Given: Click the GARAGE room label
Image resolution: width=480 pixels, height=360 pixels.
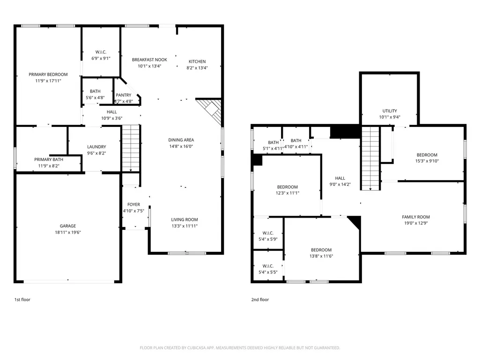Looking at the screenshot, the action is [x=67, y=226].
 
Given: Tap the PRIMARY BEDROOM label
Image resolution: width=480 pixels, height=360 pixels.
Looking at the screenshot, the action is [x=48, y=74].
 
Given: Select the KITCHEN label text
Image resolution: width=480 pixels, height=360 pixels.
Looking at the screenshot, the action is [x=197, y=61].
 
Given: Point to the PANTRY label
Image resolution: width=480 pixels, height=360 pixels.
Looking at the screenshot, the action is [x=123, y=95].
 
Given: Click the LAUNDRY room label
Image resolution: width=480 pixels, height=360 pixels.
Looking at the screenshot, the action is [x=96, y=147].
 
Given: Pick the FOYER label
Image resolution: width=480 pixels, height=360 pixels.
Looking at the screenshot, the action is [x=133, y=205].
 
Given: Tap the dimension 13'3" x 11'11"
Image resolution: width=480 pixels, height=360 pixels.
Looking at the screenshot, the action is [x=185, y=226].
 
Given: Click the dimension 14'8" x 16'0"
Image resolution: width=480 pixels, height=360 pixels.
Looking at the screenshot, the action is [x=181, y=147].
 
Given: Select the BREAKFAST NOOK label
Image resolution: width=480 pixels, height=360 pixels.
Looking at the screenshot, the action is [x=149, y=60].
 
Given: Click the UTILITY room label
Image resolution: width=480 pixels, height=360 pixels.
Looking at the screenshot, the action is [x=390, y=111].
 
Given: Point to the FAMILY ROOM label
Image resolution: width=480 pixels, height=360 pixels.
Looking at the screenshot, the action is [x=416, y=217].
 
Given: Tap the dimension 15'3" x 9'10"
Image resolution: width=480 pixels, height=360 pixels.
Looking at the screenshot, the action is [x=427, y=161].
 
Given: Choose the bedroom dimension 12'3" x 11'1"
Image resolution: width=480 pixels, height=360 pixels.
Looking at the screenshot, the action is [x=288, y=193].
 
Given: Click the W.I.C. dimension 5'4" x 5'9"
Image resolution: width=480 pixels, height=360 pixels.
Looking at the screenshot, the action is [x=268, y=239].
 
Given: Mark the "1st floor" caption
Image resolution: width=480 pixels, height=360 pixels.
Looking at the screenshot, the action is [x=22, y=300].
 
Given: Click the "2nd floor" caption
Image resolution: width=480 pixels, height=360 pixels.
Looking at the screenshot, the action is [x=260, y=300].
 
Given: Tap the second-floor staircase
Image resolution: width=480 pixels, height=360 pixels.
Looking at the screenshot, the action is [x=370, y=158].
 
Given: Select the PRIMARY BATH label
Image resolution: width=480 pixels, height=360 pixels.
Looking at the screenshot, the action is [x=49, y=160].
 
